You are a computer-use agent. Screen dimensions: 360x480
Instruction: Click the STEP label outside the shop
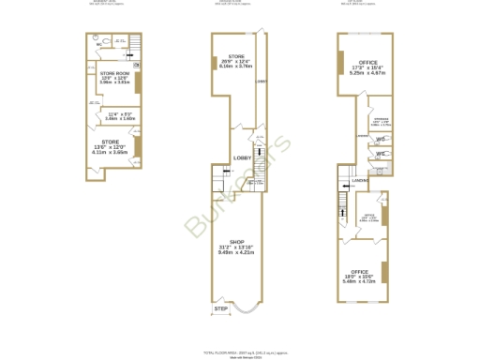point(221,308)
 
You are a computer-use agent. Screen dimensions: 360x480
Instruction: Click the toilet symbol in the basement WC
point(109,41)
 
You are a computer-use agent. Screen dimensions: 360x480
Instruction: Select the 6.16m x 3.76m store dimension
point(236,67)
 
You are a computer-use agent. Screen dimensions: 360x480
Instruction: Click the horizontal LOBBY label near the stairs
point(240,157)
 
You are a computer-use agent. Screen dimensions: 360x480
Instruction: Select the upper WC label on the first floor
point(381,140)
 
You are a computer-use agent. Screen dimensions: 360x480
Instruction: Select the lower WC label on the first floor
point(381,155)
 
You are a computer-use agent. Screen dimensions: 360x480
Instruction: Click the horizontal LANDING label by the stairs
point(360,181)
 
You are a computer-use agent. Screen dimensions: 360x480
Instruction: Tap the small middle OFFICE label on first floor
point(368,217)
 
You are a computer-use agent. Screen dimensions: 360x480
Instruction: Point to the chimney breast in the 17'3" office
point(339,62)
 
